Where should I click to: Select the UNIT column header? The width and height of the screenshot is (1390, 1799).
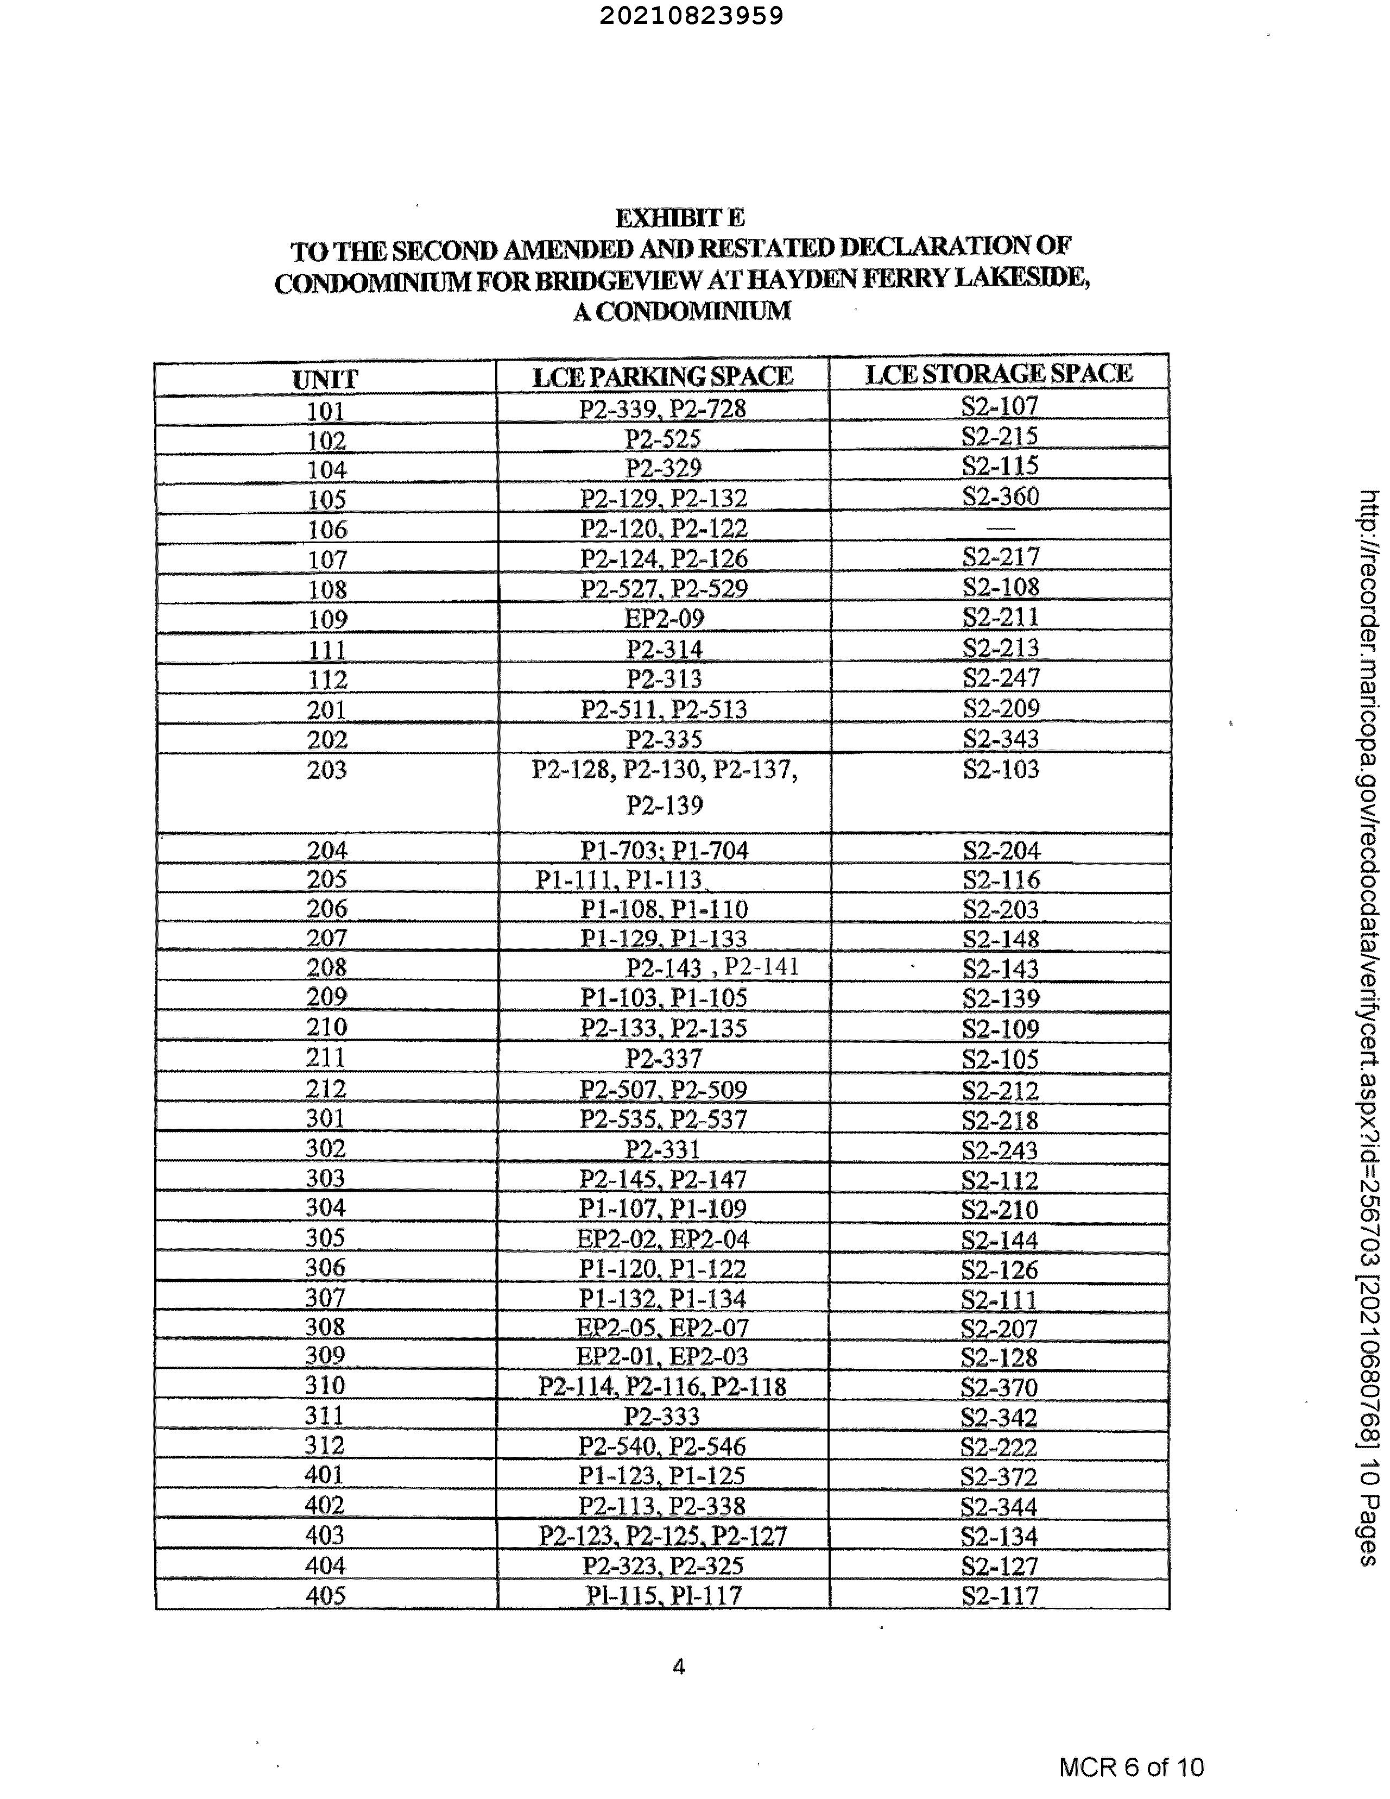(x=325, y=380)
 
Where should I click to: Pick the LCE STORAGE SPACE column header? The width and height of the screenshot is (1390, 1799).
(x=998, y=373)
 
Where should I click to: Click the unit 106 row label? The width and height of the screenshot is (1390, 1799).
(x=327, y=529)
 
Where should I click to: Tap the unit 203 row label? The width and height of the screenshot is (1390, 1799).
(x=327, y=770)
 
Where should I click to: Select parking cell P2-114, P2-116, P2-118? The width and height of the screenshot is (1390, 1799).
(x=662, y=1386)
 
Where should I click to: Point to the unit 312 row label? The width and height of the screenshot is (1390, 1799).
(x=325, y=1445)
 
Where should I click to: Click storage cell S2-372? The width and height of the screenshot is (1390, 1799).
(x=999, y=1476)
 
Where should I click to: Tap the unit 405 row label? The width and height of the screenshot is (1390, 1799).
(x=325, y=1595)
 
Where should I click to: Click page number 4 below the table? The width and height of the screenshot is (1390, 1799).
(x=679, y=1666)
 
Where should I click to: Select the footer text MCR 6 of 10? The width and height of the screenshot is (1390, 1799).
(x=1130, y=1767)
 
